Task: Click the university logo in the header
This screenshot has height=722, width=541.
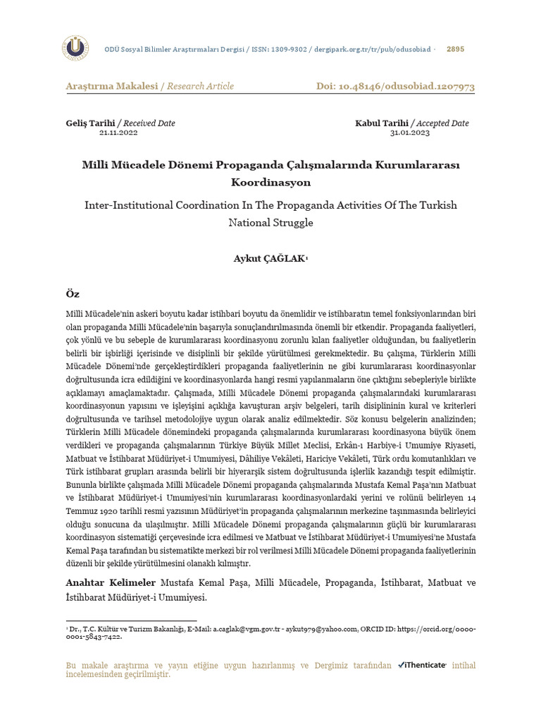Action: [75, 48]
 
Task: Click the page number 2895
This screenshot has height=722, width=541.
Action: [456, 49]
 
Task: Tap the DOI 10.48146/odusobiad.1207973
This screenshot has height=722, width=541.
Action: [410, 86]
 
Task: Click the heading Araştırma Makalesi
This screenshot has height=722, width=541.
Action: [111, 86]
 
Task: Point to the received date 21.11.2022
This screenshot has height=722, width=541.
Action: [118, 133]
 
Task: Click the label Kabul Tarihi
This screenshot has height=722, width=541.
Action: [382, 123]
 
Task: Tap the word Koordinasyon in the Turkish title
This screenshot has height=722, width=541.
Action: [270, 182]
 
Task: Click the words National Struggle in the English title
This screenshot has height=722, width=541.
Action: [270, 222]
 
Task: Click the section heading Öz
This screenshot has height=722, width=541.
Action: [72, 293]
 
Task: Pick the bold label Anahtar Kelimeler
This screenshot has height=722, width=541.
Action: [111, 583]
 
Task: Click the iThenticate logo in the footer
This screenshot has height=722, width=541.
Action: [422, 665]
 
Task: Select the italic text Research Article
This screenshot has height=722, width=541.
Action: [201, 86]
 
